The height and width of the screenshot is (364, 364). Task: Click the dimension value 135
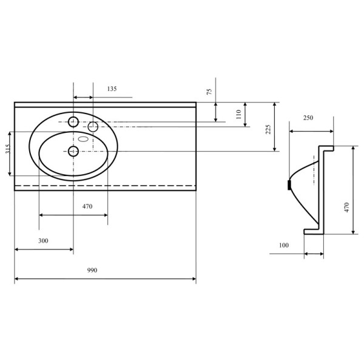pos(112,89)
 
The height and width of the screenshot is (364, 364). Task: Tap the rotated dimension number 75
pos(209,92)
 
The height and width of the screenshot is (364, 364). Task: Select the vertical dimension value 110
pos(238,113)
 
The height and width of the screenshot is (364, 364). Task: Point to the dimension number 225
pos(268,129)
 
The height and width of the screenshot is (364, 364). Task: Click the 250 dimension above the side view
pos(308,118)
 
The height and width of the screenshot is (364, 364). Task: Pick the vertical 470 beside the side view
pos(347,207)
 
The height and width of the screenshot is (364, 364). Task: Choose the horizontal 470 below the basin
pos(87,206)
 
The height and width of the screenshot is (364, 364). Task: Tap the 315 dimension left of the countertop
pos(8,153)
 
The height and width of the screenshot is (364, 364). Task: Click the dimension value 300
pos(43,241)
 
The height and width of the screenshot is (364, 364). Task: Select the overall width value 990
pos(92,270)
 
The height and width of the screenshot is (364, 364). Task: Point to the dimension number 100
pos(283,245)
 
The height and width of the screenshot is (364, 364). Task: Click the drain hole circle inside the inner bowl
pos(73,150)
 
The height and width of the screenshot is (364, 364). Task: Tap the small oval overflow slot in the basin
pos(84,139)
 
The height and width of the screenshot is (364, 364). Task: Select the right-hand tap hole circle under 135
pos(93,126)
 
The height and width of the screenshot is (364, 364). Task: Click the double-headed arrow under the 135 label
pos(83,97)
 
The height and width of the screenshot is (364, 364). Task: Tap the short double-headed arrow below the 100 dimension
pos(313,254)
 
